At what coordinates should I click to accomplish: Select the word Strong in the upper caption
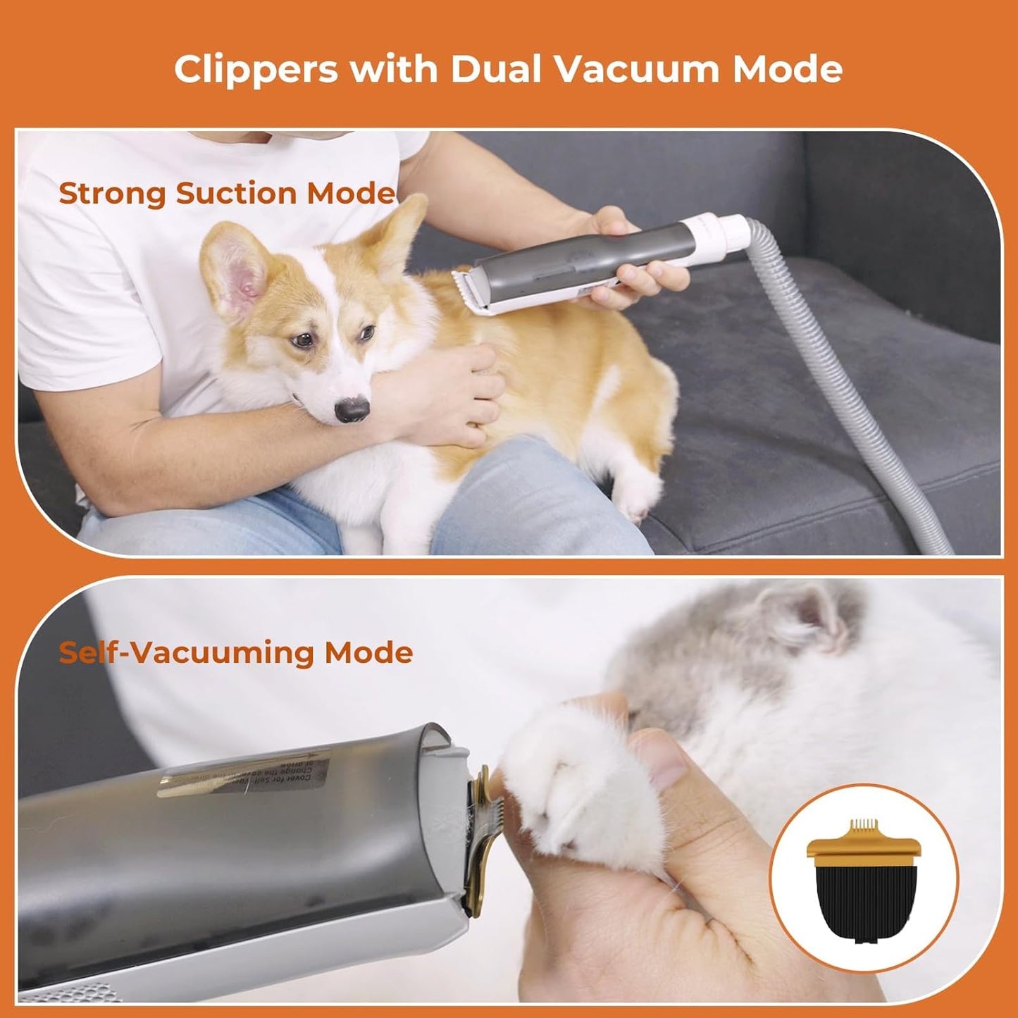coord(112,193)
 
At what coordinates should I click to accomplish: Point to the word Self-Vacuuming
coord(186,652)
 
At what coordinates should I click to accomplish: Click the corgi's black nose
coord(352,409)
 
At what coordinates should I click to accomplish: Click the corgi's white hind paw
coord(640,492)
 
